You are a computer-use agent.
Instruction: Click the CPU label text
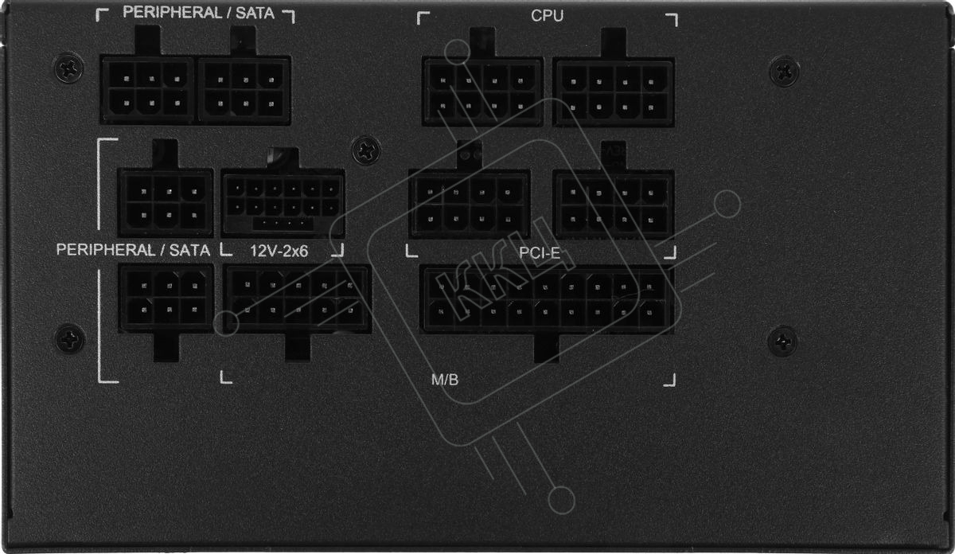(547, 15)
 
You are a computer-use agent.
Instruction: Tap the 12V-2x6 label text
(279, 251)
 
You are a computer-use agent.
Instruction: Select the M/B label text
(445, 380)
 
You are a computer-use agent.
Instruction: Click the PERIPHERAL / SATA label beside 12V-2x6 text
(133, 250)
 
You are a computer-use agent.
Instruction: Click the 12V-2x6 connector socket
(283, 203)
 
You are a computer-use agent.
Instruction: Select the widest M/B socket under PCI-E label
(547, 298)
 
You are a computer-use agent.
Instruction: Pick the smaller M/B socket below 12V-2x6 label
(298, 298)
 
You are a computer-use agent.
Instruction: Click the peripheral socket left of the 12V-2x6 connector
(166, 202)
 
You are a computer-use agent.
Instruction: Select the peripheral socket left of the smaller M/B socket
(166, 297)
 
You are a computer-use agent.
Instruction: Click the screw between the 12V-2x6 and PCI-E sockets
(366, 149)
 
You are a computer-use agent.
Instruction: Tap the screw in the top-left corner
(69, 68)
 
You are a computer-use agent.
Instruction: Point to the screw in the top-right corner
(784, 71)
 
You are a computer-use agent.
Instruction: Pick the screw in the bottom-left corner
(70, 340)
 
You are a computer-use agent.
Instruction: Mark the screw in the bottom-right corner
(782, 341)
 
